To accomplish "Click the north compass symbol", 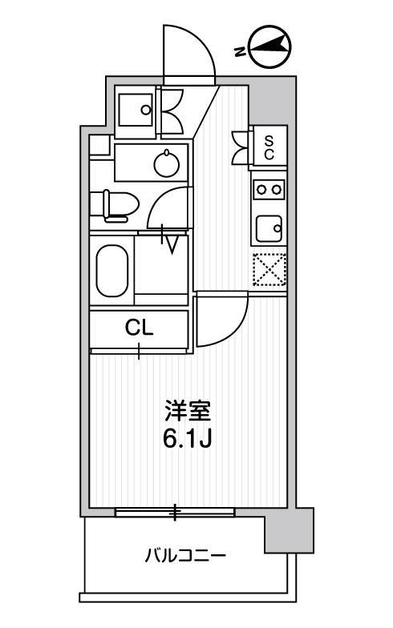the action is coord(269,47).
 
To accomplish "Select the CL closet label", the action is coord(139,328).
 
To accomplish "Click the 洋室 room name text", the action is coord(188,412).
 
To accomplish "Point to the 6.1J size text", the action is coord(187,440).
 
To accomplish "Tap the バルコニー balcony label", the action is coord(185,556).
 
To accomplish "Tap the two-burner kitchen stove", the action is coord(269,189).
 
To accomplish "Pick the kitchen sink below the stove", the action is coord(269,228).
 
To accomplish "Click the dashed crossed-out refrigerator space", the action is coord(269,270).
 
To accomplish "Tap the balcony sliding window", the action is coord(175,513).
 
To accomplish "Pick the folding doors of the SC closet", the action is coord(241,148).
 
